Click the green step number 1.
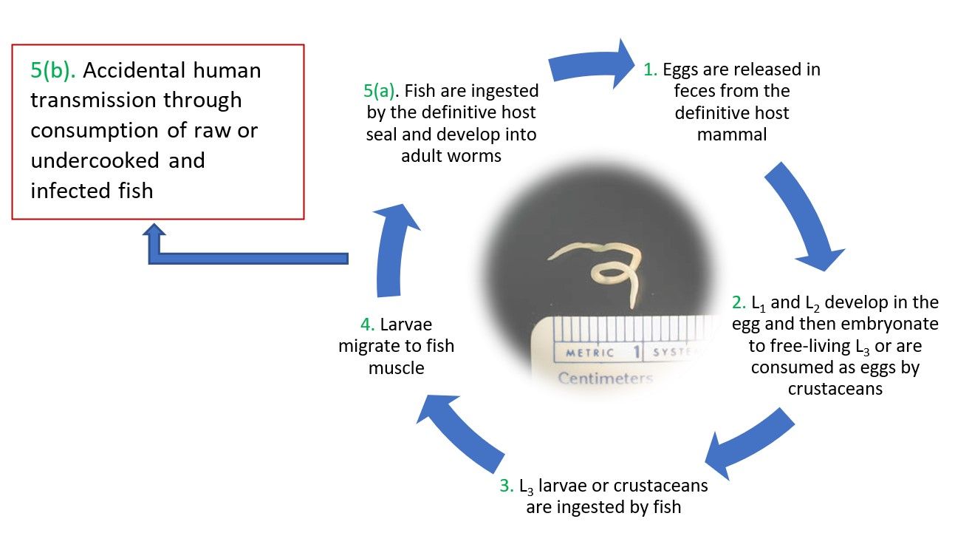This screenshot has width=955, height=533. coord(649,70)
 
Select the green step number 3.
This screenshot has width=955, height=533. coord(506,486)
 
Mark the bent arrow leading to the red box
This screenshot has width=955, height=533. coord(244,257)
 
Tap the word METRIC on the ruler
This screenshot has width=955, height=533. coord(589,353)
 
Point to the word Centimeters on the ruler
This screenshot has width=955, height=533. coord(605,379)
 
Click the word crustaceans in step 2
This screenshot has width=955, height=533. coord(835,389)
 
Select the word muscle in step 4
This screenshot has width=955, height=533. coord(397,367)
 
